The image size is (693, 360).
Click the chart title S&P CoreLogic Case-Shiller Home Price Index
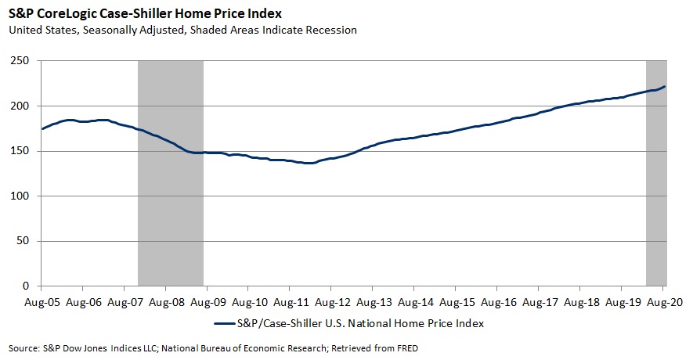[146, 14]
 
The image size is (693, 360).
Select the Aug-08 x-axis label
[166, 300]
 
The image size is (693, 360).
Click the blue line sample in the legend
[226, 322]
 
